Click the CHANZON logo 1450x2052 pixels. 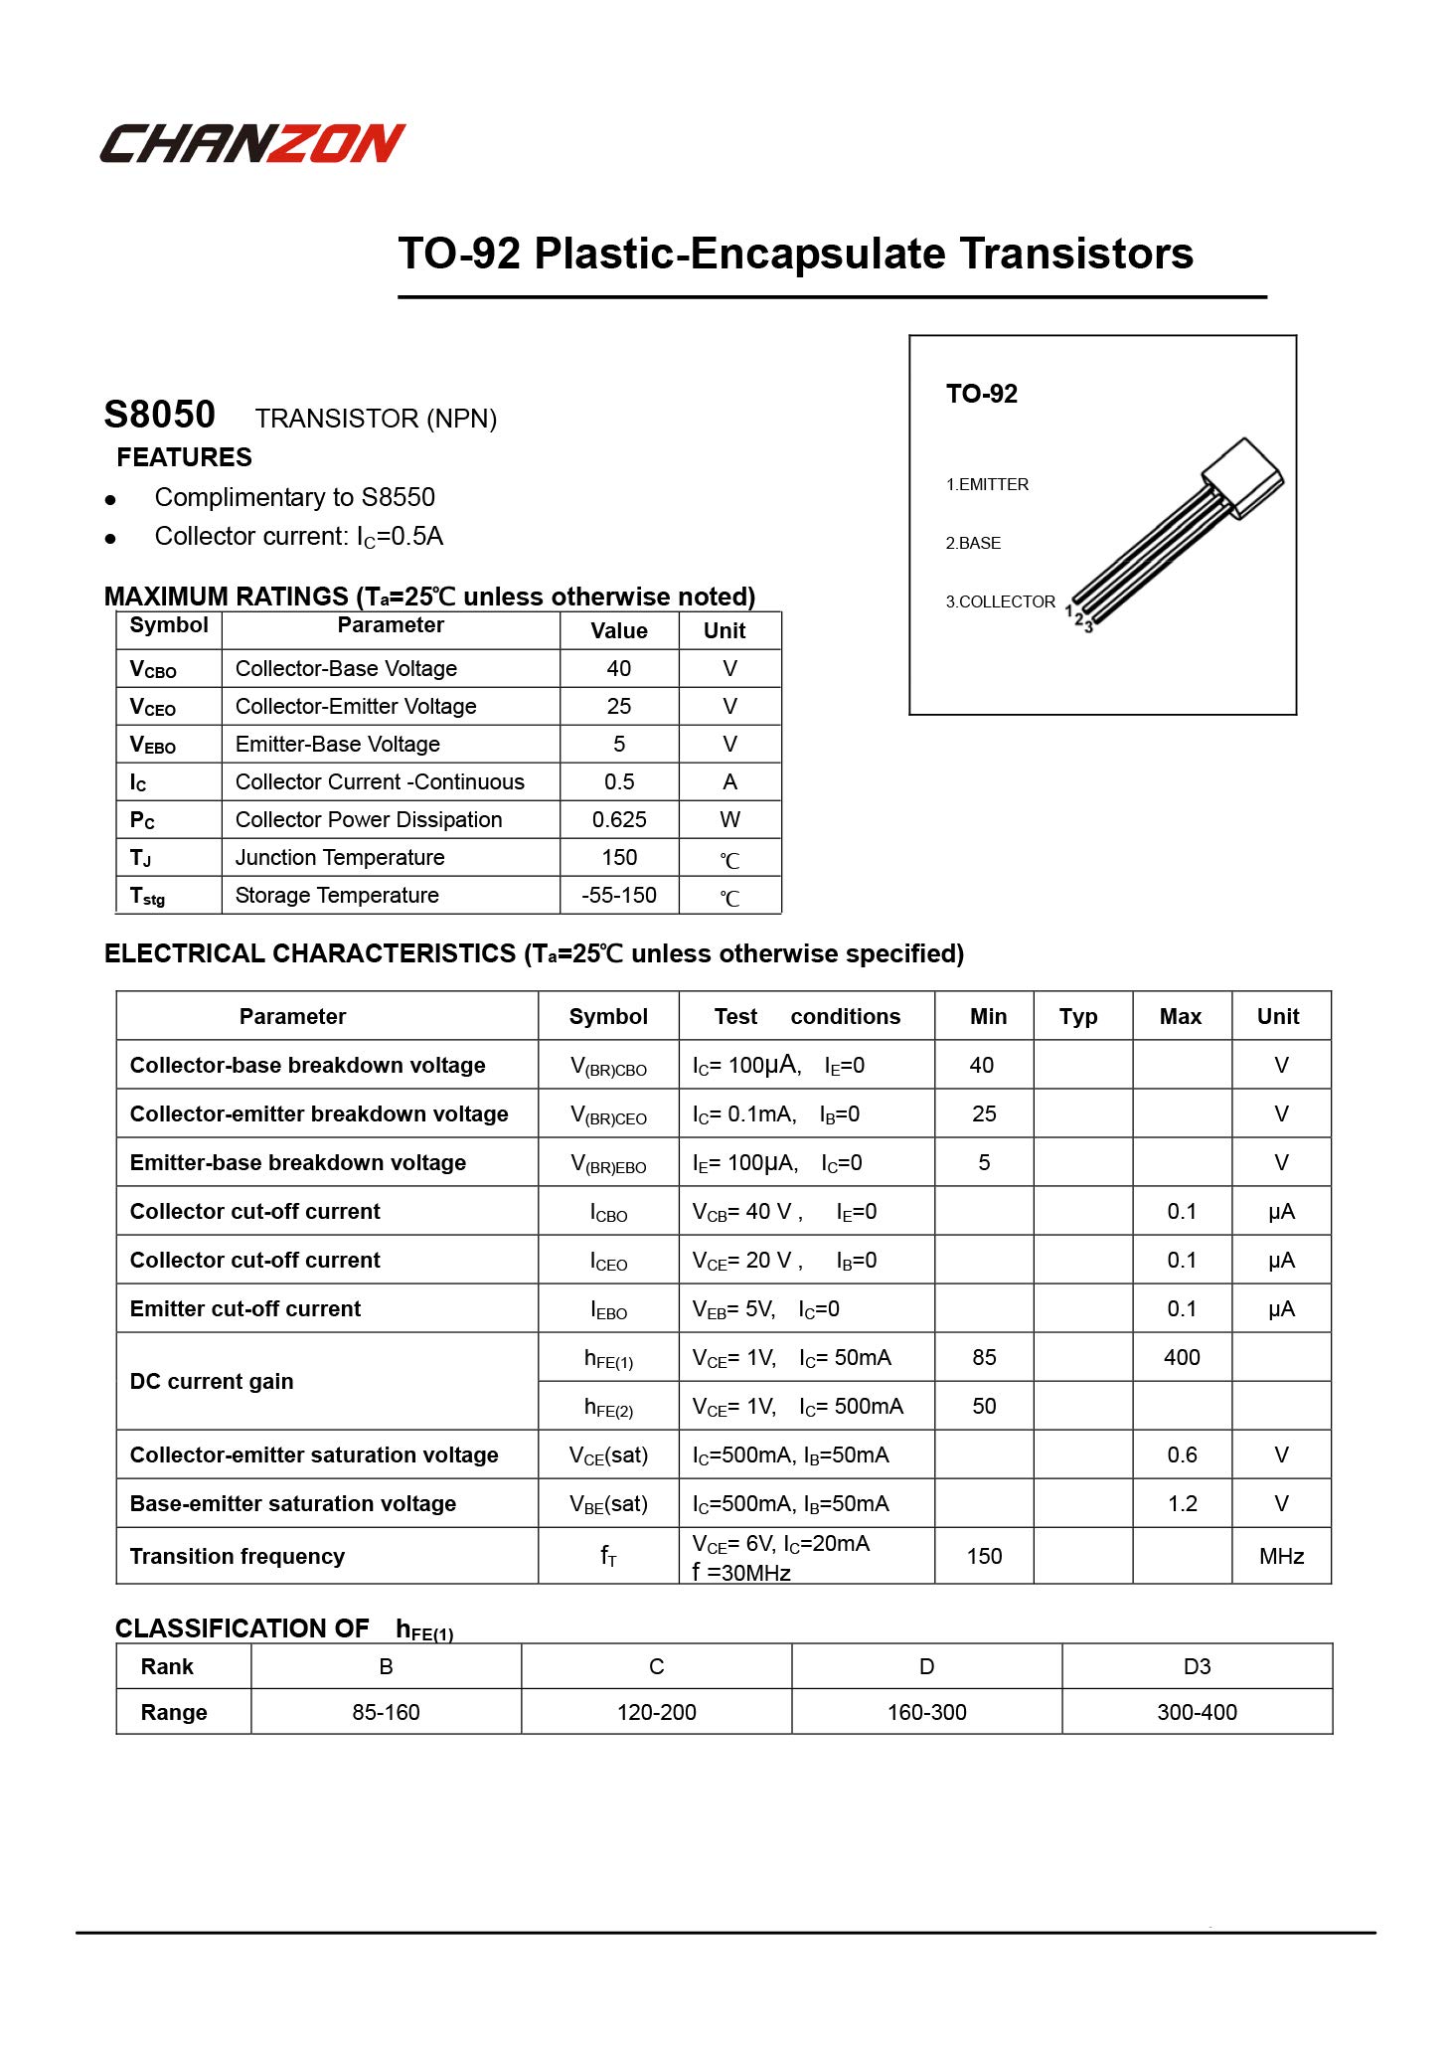(252, 143)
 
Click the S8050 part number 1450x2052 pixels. (159, 415)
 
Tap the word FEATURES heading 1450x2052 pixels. (184, 457)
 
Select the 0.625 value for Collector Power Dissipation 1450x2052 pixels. (618, 819)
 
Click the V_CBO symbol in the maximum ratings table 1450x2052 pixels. (153, 669)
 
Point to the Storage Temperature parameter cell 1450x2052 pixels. (337, 895)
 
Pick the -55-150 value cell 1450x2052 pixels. (618, 895)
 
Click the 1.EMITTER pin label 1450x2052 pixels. (987, 484)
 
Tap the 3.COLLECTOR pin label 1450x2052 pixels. (1000, 601)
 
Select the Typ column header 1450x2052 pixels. (1077, 1016)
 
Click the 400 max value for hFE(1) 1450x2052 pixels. (1182, 1357)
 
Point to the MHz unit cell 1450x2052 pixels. (1281, 1556)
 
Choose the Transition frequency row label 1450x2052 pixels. (238, 1556)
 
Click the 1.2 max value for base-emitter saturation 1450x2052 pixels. (1182, 1503)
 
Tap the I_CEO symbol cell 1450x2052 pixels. (608, 1261)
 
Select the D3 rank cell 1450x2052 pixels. (1197, 1666)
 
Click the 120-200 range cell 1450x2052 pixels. (656, 1712)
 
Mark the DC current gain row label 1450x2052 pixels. (212, 1381)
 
